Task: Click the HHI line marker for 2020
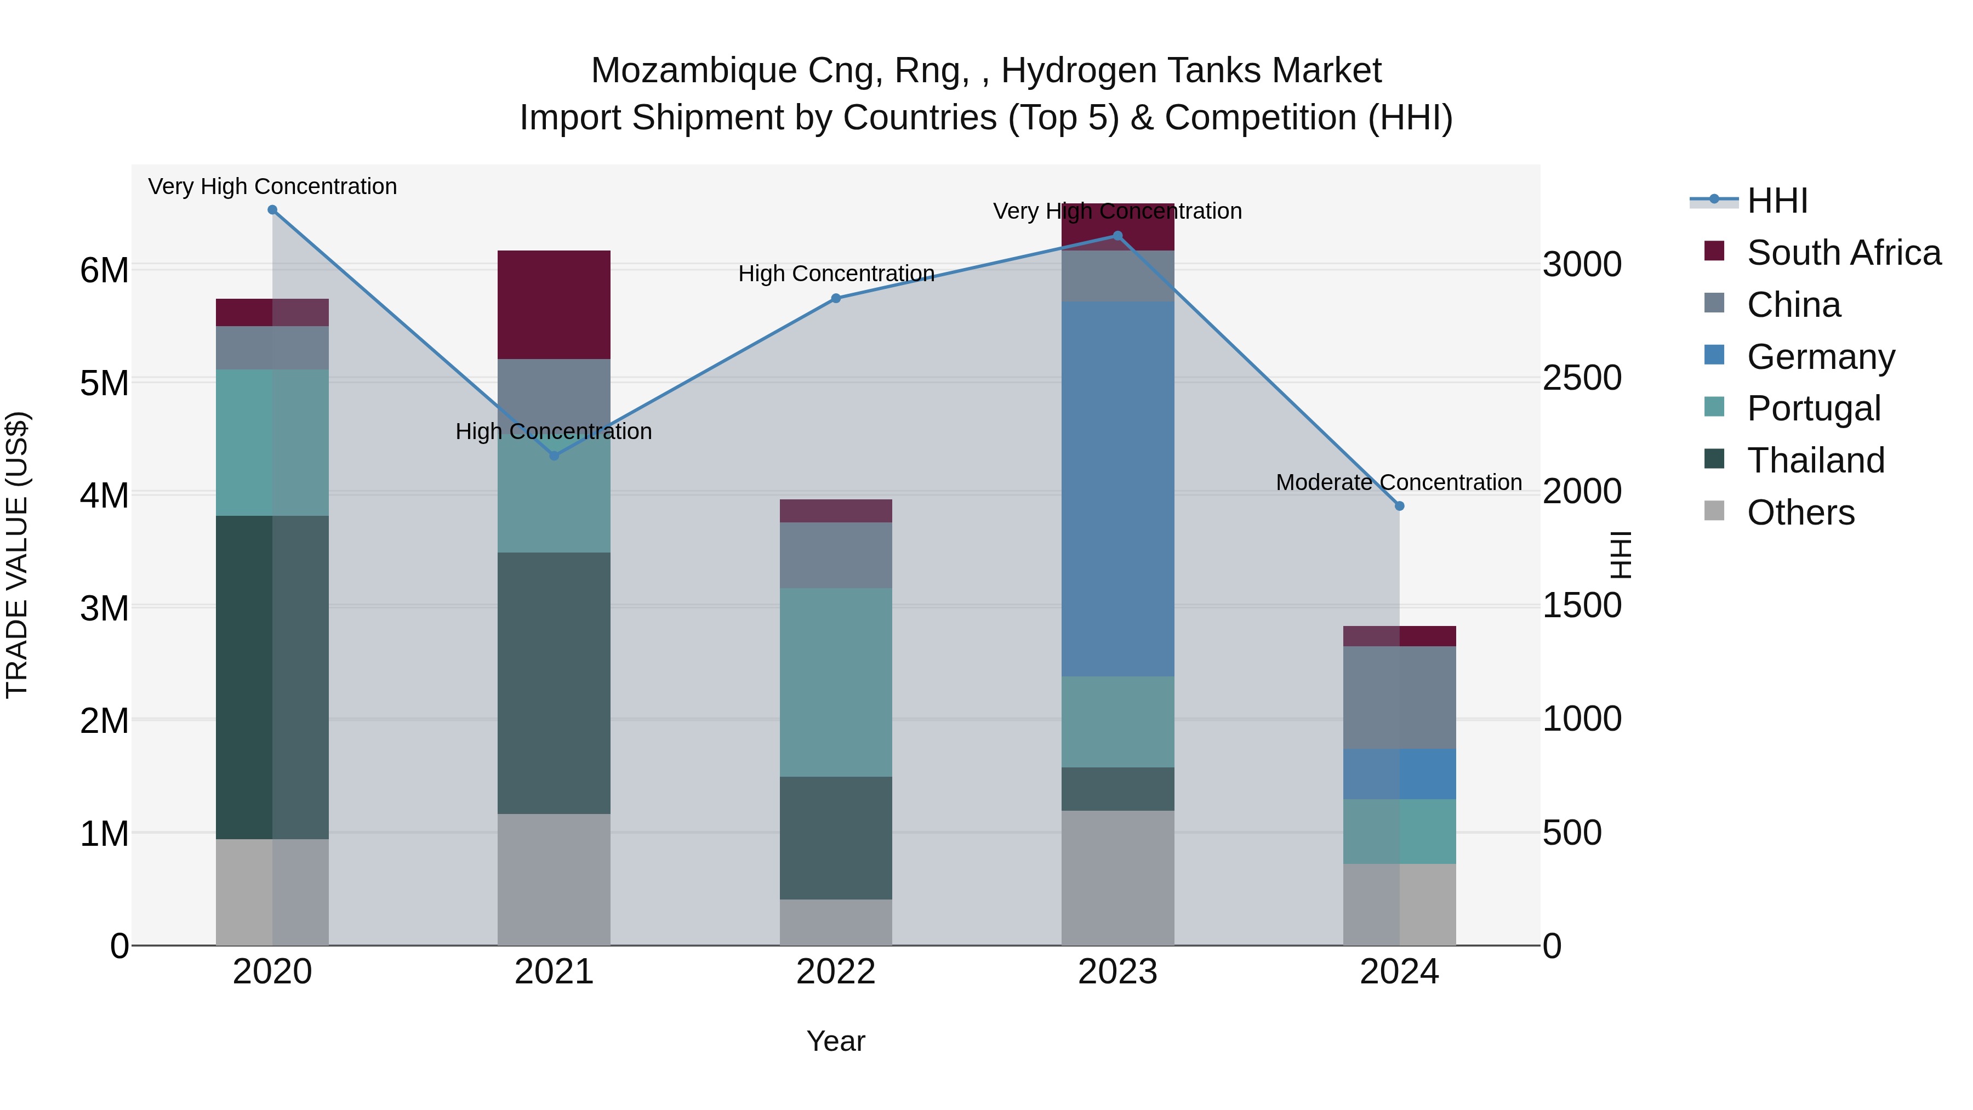(272, 210)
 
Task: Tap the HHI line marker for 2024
(1399, 505)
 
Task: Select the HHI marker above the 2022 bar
(836, 299)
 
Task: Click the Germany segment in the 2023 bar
(1117, 489)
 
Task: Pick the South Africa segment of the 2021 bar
(554, 305)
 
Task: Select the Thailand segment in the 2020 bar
(272, 677)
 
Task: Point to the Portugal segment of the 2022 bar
(836, 682)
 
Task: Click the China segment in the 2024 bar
(1399, 697)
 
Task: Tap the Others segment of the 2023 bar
(1117, 878)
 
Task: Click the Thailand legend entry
(1815, 460)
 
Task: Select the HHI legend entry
(1777, 201)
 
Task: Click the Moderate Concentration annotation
(1399, 482)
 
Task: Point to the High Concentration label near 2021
(554, 431)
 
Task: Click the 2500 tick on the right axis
(1582, 378)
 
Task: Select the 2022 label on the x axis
(836, 972)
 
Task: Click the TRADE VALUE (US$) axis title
(17, 555)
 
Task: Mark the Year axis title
(836, 1041)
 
